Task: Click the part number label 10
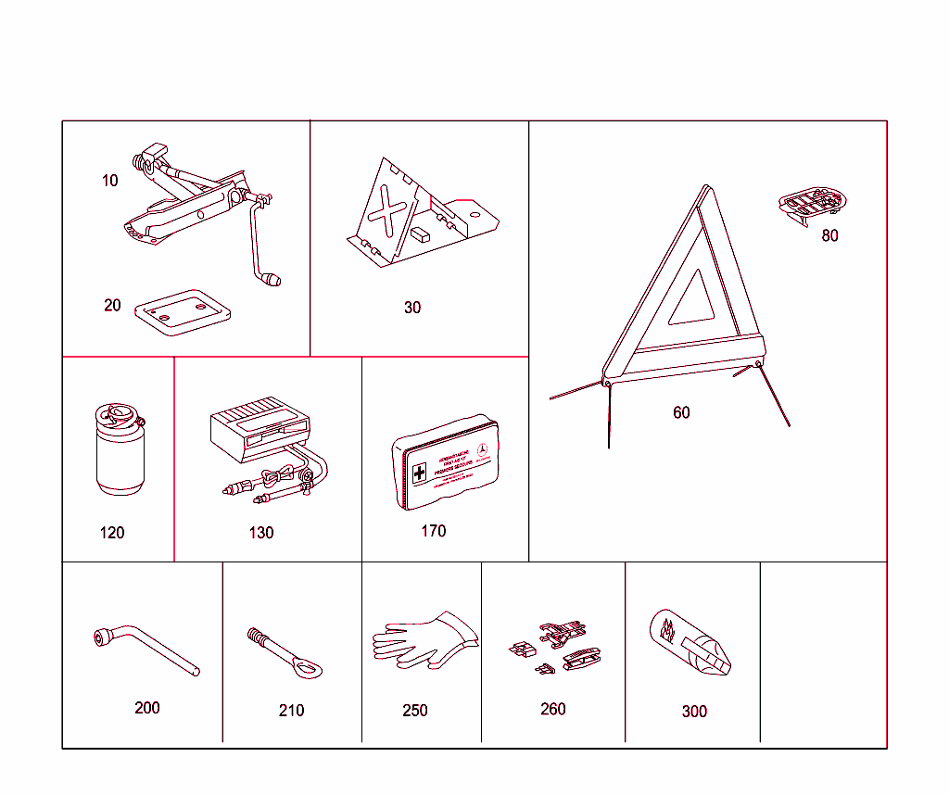(x=110, y=181)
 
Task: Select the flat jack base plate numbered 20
(x=183, y=311)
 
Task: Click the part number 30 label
(x=412, y=308)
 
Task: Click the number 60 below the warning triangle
(x=681, y=412)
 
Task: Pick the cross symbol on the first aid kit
(x=420, y=473)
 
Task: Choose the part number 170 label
(x=433, y=531)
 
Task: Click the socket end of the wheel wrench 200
(x=103, y=637)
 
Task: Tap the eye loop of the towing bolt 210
(x=308, y=665)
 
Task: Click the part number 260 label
(x=553, y=709)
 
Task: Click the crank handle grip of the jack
(x=272, y=278)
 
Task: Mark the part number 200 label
(x=147, y=708)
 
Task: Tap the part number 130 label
(x=261, y=533)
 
